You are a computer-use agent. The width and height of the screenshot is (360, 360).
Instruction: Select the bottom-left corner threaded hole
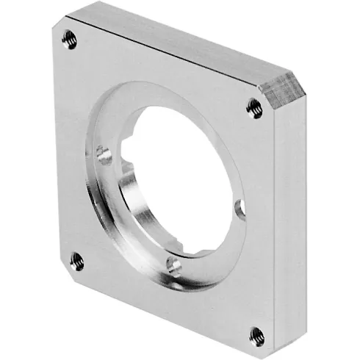(76, 259)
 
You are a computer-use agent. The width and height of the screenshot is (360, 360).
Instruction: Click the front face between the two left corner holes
(70, 147)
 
